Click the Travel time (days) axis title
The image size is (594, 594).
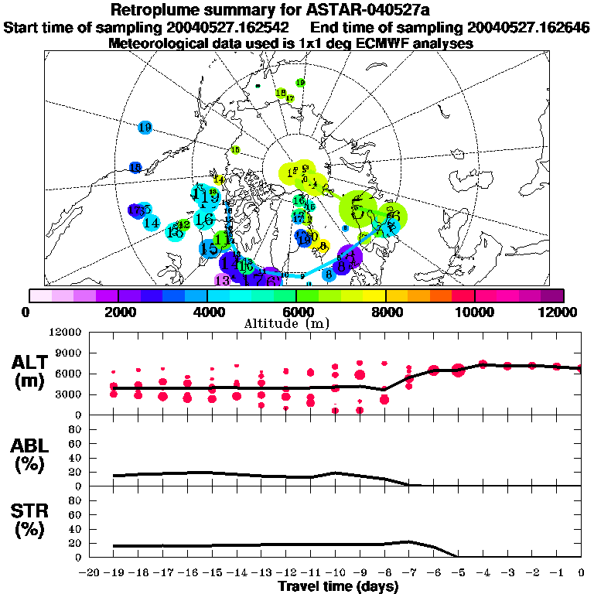click(x=338, y=586)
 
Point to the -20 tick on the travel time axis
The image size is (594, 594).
click(x=90, y=573)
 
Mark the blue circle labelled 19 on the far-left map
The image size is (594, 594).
click(x=145, y=128)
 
